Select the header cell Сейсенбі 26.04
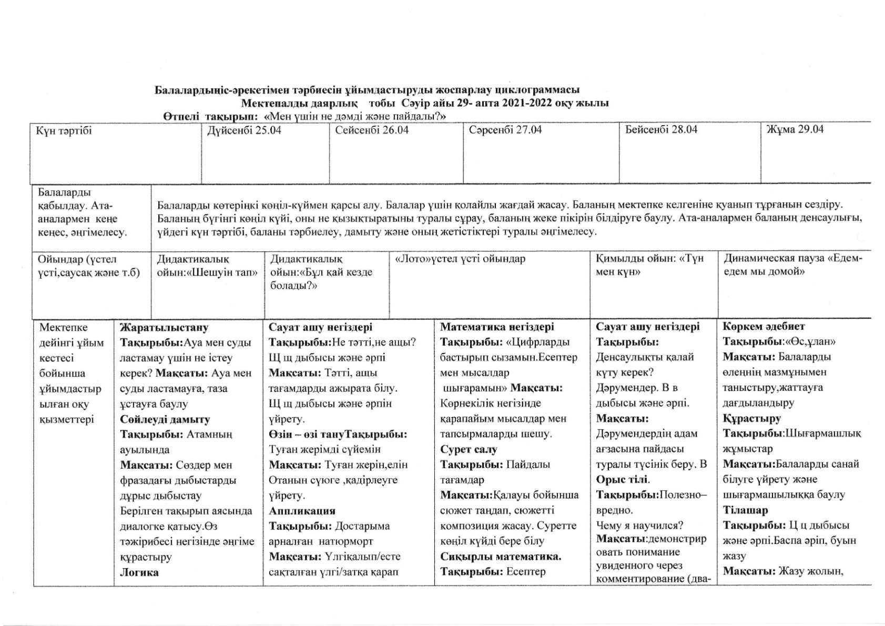pos(372,130)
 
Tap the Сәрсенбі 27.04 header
pos(505,130)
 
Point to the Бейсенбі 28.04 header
pos(661,129)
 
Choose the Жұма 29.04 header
pos(795,129)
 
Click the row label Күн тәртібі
pos(64,130)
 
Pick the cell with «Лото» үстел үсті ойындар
pos(460,259)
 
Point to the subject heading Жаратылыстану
pos(164,328)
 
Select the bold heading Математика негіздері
pos(497,327)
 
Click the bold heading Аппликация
pos(302,511)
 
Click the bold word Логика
pos(139,572)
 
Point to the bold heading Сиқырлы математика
pos(501,557)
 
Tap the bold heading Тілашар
pos(745,510)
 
